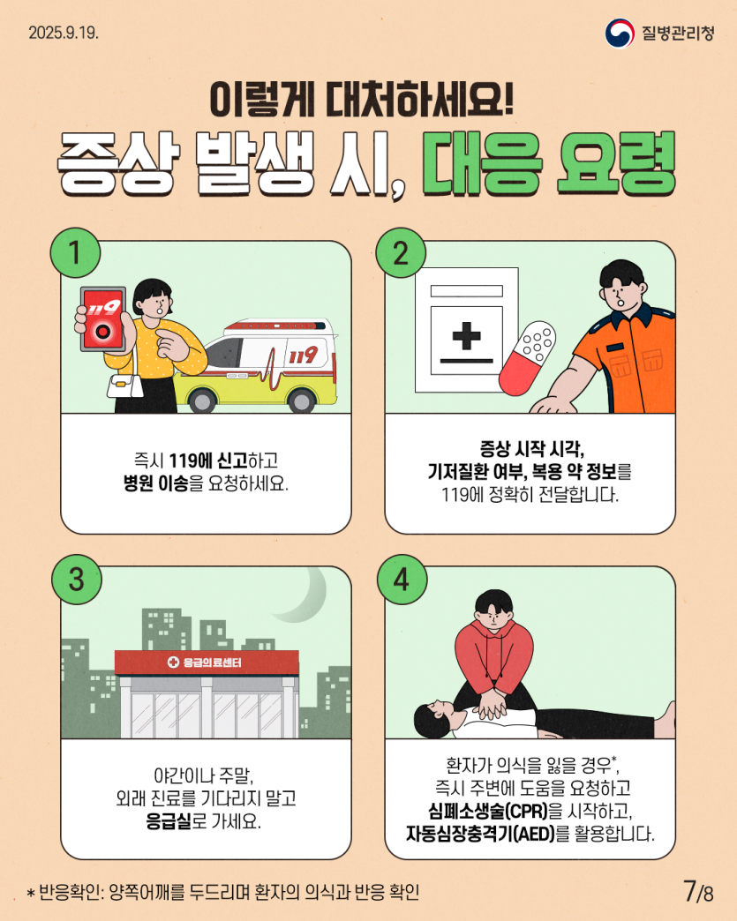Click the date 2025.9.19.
tap(63, 34)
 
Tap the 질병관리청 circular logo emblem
tap(620, 33)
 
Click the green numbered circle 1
tap(77, 253)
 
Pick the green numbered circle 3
tap(77, 579)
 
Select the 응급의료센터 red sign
tap(207, 662)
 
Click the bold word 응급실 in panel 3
tap(169, 820)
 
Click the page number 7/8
tap(697, 891)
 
